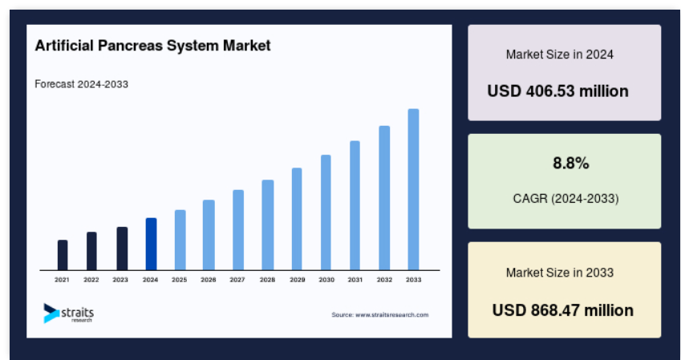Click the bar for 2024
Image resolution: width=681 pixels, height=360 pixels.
[x=151, y=244]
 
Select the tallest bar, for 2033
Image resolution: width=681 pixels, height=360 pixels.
[x=413, y=190]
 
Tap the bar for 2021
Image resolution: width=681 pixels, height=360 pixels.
[x=63, y=255]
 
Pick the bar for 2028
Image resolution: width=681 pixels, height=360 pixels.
[x=268, y=225]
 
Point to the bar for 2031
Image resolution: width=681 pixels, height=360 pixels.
[x=355, y=206]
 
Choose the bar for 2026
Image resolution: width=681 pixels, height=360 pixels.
[x=209, y=236]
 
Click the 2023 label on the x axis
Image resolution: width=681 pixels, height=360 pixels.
[x=120, y=280]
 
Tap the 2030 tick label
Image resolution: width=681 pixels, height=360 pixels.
[x=326, y=280]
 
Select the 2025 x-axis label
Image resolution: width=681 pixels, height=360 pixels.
[x=179, y=280]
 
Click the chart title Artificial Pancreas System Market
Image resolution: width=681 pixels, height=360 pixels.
[x=152, y=46]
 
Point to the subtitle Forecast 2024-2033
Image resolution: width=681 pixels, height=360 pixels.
[x=81, y=84]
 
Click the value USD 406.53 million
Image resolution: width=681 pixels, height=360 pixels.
[x=557, y=91]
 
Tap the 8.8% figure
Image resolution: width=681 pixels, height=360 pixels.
[x=570, y=164]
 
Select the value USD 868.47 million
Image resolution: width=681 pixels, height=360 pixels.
[x=563, y=310]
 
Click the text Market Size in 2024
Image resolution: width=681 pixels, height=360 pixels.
[x=560, y=55]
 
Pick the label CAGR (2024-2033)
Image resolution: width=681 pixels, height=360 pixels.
[x=566, y=199]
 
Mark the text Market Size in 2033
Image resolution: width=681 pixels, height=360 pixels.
[x=560, y=273]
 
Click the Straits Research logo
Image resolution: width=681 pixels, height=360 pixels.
[x=69, y=313]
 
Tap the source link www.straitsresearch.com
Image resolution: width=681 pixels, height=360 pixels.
[x=391, y=315]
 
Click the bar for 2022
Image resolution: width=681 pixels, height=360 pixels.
[x=91, y=252]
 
